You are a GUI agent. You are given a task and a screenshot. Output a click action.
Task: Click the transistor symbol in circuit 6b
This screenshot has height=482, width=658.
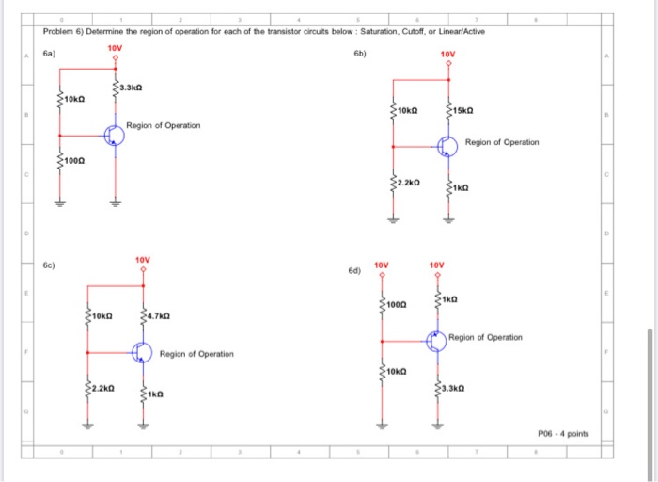pos(448,147)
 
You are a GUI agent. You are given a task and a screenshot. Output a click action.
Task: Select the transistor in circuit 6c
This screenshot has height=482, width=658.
pos(141,352)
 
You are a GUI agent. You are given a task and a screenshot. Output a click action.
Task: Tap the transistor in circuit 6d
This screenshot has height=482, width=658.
pos(437,341)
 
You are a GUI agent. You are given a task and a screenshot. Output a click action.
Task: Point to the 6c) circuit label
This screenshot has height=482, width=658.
pos(50,265)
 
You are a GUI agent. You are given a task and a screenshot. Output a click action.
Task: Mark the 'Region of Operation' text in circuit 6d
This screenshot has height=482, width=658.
pos(486,337)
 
